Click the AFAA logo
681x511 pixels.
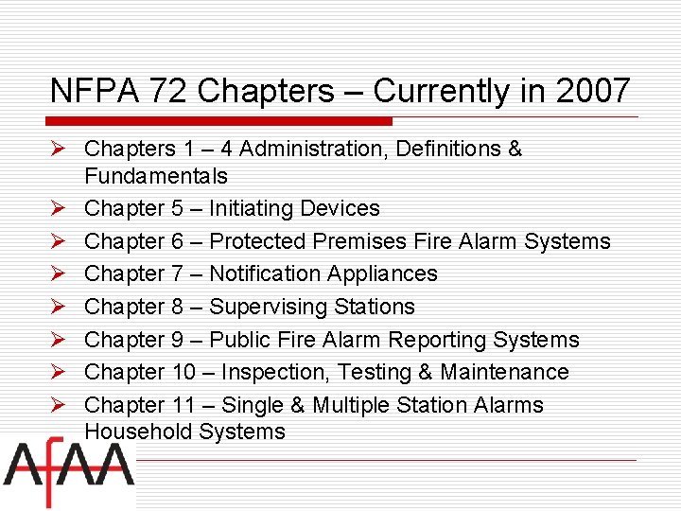68,474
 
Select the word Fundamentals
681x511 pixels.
155,176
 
